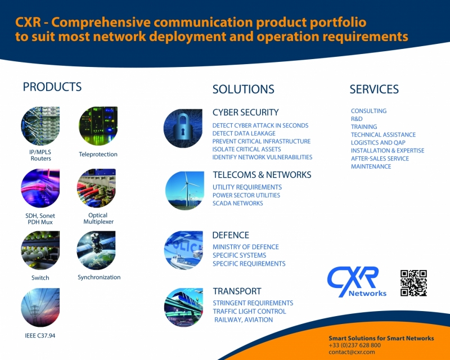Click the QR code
[413, 283]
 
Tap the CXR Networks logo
[357, 282]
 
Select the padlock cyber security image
[183, 128]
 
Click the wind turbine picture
[184, 191]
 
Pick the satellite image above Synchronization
[96, 250]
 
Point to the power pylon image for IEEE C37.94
[40, 308]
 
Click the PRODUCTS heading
[52, 87]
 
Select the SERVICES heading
[374, 89]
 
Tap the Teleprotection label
[98, 154]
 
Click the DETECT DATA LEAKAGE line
[244, 133]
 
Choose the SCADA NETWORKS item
[237, 203]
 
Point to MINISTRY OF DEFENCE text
[246, 247]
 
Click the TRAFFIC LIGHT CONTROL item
[249, 312]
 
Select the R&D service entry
[357, 119]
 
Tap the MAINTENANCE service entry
[371, 166]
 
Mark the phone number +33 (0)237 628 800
[355, 345]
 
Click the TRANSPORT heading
[237, 291]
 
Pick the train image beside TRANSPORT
[183, 308]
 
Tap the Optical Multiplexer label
[98, 218]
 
